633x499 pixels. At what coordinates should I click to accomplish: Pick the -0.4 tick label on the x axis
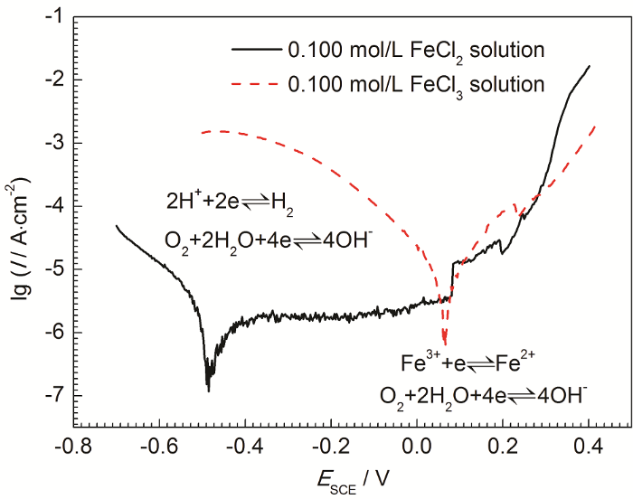tap(247, 447)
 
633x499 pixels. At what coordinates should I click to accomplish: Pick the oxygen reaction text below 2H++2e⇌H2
tap(269, 240)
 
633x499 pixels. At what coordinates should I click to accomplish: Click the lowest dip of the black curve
tap(209, 390)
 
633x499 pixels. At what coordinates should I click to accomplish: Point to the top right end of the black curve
tap(590, 66)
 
